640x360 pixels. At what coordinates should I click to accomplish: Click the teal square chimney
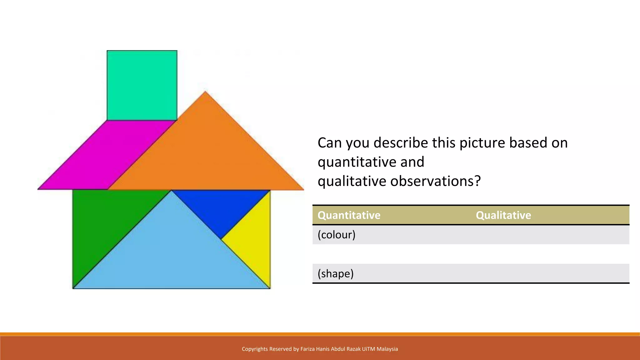click(x=142, y=85)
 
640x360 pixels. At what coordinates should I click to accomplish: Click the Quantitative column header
click(x=349, y=215)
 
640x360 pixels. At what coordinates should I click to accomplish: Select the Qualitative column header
click(x=503, y=215)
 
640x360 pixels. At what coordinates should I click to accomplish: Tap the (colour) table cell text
click(x=336, y=235)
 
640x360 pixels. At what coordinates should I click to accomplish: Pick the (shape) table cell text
click(x=335, y=273)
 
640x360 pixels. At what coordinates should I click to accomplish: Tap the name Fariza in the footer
click(x=308, y=349)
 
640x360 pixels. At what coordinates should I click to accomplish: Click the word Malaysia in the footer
click(x=387, y=349)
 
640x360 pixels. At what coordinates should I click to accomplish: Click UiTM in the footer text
click(x=368, y=349)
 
